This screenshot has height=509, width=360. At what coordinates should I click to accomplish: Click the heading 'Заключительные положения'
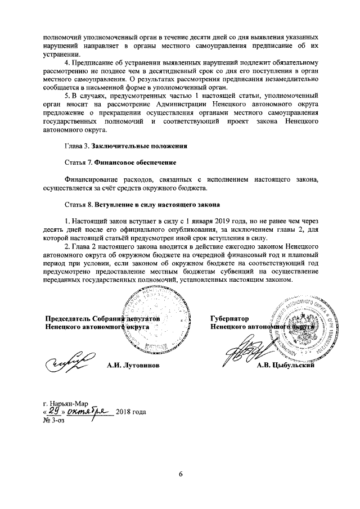[x=139, y=146]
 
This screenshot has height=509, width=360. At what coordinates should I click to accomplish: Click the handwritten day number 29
[x=54, y=411]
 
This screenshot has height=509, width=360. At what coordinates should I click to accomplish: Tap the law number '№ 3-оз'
[x=54, y=420]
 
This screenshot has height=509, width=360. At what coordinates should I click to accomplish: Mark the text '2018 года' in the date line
[x=131, y=412]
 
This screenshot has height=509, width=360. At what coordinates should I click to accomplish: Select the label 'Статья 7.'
[x=78, y=163]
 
